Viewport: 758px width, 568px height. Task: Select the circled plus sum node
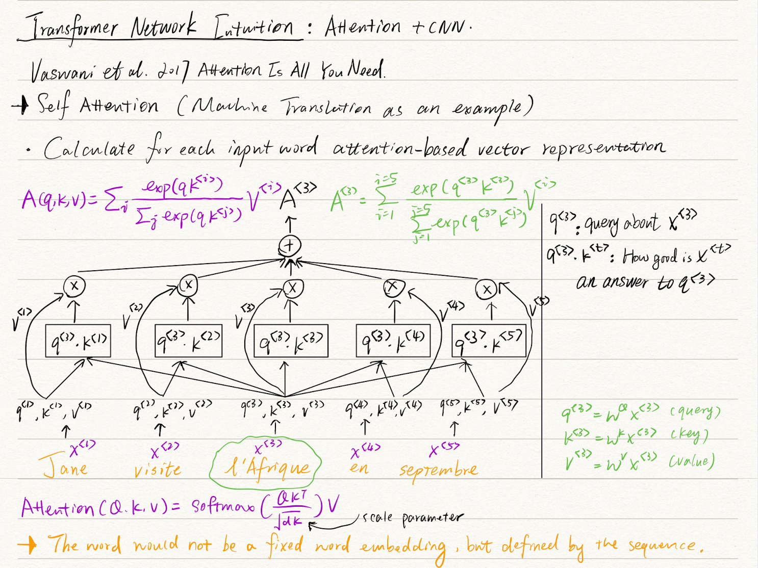(x=290, y=246)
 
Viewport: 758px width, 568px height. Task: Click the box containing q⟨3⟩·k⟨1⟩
(x=78, y=341)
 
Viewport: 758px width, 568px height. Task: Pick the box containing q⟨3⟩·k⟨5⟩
(x=489, y=341)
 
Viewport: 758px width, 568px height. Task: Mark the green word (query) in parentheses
(x=695, y=411)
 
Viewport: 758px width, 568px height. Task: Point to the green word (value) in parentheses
(x=692, y=461)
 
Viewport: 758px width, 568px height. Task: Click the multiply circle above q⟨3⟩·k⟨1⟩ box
(x=74, y=286)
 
